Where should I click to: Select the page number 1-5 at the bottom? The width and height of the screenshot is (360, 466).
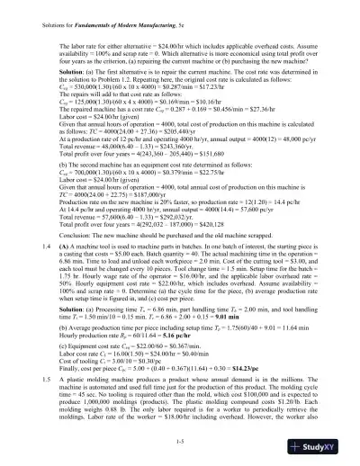click(180, 438)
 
